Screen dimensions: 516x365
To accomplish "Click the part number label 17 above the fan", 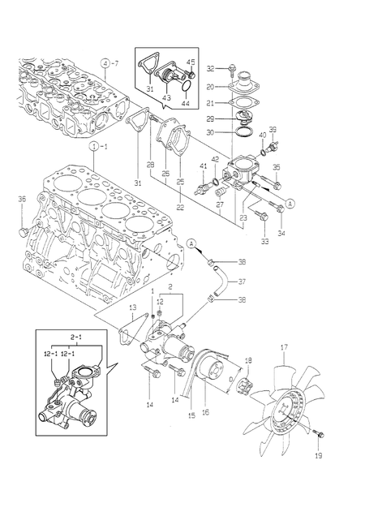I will point(284,350).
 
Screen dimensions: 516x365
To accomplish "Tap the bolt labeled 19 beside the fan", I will point(318,436).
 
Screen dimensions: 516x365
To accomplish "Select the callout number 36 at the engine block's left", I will point(21,199).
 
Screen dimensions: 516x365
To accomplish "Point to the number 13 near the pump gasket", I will point(132,308).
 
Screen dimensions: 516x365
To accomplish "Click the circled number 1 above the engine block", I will point(95,147).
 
